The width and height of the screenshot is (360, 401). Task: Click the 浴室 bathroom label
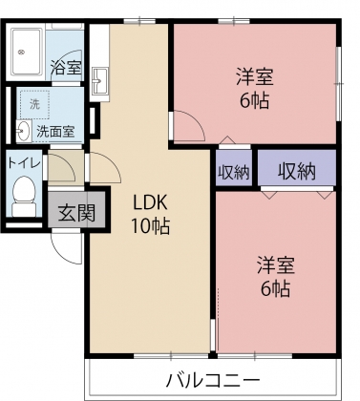point(65,68)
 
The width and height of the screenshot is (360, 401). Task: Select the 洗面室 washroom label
point(54,131)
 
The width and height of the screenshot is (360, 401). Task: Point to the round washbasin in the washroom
point(22,131)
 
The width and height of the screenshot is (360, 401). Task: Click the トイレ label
point(24,161)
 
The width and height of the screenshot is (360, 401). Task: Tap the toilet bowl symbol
point(21,198)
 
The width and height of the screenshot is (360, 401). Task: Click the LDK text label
point(149,202)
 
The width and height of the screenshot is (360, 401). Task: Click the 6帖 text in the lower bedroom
point(273,287)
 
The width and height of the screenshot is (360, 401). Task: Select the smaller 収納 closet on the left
point(234,172)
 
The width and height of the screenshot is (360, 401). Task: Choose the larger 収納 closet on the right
point(297,171)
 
